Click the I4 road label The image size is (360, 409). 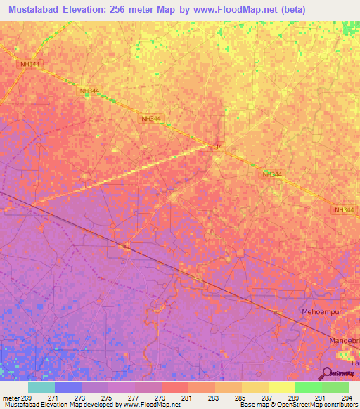pyautogui.click(x=219, y=146)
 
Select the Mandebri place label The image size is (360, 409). pyautogui.click(x=344, y=340)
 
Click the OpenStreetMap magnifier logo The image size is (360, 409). pyautogui.click(x=328, y=373)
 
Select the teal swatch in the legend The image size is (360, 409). pyautogui.click(x=41, y=387)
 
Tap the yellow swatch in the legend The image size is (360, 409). pyautogui.click(x=281, y=387)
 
